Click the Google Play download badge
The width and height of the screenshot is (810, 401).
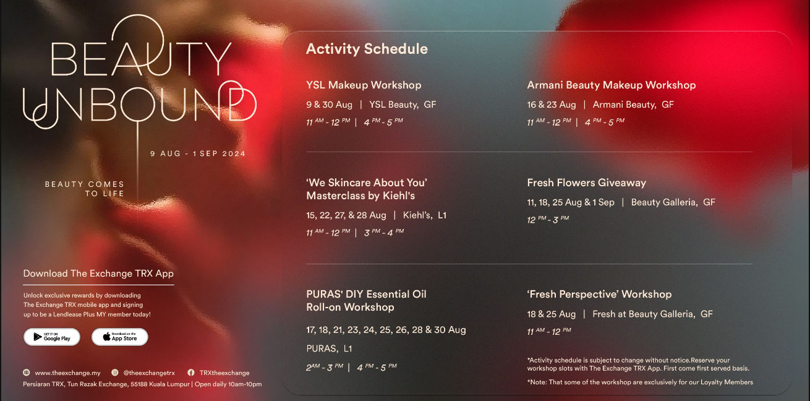tap(52, 337)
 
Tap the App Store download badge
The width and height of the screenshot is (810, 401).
tap(120, 337)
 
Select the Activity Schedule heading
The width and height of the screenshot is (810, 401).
tap(367, 49)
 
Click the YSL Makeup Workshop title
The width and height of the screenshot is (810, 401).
tap(364, 85)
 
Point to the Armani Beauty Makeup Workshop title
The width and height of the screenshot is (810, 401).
tap(611, 85)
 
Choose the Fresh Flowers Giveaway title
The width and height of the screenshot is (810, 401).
tap(586, 183)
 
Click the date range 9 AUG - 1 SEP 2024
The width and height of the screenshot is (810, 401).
tap(198, 153)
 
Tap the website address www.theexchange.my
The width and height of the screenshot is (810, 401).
tap(67, 373)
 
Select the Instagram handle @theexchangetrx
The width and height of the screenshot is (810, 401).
tap(149, 373)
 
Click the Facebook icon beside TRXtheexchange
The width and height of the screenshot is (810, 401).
tap(191, 373)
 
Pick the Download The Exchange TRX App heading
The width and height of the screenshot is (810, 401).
tap(98, 274)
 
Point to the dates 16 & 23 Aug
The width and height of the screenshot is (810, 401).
tap(552, 105)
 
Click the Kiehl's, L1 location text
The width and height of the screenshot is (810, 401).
tap(425, 215)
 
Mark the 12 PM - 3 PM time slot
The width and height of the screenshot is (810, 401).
tap(548, 219)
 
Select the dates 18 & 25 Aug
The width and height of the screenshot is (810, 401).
tap(551, 314)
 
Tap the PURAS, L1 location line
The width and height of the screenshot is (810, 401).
tap(329, 348)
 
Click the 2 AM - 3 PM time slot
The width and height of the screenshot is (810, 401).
tap(325, 368)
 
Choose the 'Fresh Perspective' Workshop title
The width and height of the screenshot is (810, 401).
tap(599, 294)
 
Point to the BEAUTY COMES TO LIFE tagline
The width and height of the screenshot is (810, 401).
tap(85, 189)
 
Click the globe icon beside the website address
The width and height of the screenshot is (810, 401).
tap(27, 373)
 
